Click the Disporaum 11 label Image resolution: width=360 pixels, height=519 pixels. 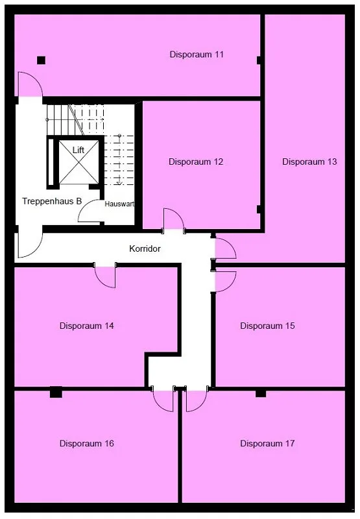pyautogui.click(x=197, y=54)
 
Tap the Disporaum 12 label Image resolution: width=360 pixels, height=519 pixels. pyautogui.click(x=196, y=162)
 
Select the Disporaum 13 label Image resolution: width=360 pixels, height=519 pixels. pyautogui.click(x=309, y=162)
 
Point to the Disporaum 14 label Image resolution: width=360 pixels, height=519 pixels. pyautogui.click(x=87, y=326)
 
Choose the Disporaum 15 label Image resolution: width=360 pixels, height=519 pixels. pyautogui.click(x=267, y=326)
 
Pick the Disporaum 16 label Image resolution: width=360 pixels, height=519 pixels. pyautogui.click(x=87, y=443)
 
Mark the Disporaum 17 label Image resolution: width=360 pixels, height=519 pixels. pyautogui.click(x=267, y=443)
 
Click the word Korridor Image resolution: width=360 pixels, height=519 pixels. pyautogui.click(x=145, y=248)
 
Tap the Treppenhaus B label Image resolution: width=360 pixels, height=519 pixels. pyautogui.click(x=52, y=201)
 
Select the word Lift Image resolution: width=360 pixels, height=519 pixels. pyautogui.click(x=78, y=150)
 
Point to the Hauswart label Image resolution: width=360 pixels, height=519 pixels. pyautogui.click(x=119, y=204)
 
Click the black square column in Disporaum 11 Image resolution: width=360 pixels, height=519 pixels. pyautogui.click(x=41, y=60)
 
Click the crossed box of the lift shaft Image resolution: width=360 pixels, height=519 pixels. pyautogui.click(x=78, y=162)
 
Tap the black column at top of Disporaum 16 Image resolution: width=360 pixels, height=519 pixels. pyautogui.click(x=56, y=392)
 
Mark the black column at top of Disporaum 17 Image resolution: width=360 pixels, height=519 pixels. pyautogui.click(x=261, y=393)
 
